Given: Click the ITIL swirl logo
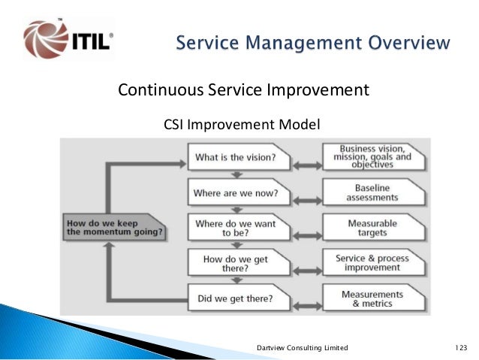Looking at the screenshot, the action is (x=46, y=39).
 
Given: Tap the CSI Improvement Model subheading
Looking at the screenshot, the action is (x=242, y=125).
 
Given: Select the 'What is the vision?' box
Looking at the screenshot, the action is (x=239, y=157).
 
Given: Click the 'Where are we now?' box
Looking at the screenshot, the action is (x=239, y=192).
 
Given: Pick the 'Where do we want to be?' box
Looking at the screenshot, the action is (x=239, y=227).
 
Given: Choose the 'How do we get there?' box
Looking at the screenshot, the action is (x=239, y=262).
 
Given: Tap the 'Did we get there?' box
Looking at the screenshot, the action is (x=239, y=298).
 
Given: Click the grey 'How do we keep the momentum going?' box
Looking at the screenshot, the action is (x=114, y=227).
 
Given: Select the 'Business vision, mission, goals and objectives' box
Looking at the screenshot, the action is (x=374, y=157).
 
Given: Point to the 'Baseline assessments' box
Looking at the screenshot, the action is (x=374, y=192).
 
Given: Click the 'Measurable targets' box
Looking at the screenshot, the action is (x=374, y=227).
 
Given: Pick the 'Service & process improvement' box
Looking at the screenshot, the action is (x=374, y=262).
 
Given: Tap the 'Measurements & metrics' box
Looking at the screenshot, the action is (x=374, y=298).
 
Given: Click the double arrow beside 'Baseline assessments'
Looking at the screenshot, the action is (x=307, y=201).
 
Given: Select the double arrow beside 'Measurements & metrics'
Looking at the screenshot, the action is (x=307, y=306).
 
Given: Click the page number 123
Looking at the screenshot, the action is (x=461, y=347).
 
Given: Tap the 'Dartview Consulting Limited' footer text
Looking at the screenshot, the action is (x=302, y=348).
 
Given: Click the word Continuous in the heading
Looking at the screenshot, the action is (x=161, y=90).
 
